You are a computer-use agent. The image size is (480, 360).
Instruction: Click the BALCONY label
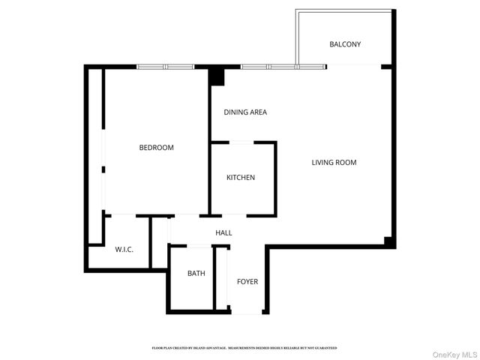pyautogui.click(x=345, y=44)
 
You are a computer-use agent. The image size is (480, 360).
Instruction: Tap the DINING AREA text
pyautogui.click(x=245, y=112)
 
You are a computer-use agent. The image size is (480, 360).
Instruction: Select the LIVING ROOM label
pyautogui.click(x=334, y=162)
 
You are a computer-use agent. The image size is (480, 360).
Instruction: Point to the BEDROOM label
pyautogui.click(x=156, y=148)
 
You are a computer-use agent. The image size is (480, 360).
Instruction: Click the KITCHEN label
pyautogui.click(x=241, y=178)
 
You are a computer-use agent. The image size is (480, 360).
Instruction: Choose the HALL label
pyautogui.click(x=223, y=233)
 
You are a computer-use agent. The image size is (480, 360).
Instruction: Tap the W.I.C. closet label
pyautogui.click(x=124, y=249)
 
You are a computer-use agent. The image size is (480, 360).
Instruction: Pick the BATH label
pyautogui.click(x=196, y=274)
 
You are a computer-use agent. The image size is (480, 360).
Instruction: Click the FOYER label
pyautogui.click(x=247, y=282)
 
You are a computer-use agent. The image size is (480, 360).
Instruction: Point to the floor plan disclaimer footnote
pyautogui.click(x=244, y=348)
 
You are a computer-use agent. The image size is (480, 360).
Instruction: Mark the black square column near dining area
pyautogui.click(x=216, y=76)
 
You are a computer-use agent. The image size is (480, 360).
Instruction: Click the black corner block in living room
pyautogui.click(x=388, y=241)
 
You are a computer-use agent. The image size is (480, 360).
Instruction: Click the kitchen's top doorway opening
pyautogui.click(x=241, y=142)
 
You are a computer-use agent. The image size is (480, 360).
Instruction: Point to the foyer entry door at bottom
pyautogui.click(x=247, y=312)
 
